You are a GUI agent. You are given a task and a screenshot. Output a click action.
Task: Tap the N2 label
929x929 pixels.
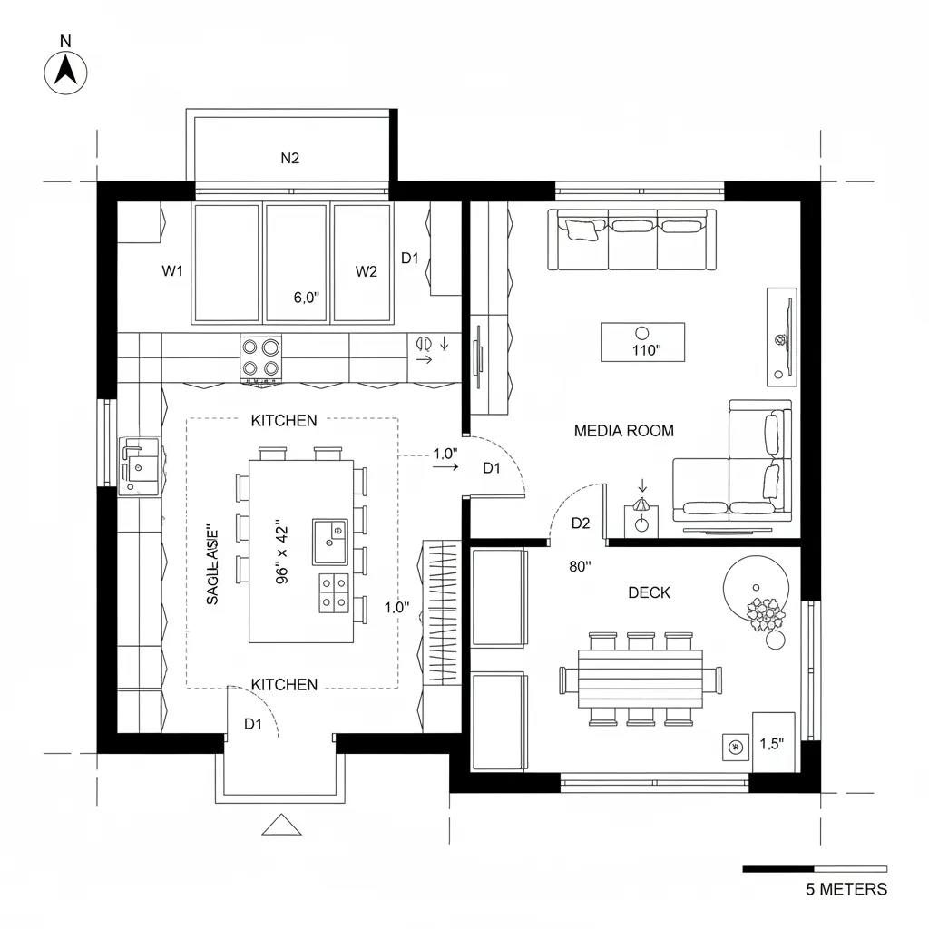pyautogui.click(x=289, y=158)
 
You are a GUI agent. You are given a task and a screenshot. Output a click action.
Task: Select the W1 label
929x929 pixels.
pyautogui.click(x=172, y=271)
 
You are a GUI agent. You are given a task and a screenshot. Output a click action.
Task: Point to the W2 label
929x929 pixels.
pyautogui.click(x=366, y=271)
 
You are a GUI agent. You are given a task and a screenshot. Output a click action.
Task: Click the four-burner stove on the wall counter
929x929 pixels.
pyautogui.click(x=260, y=357)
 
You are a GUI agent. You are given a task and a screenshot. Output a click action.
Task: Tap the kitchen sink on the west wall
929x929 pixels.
pyautogui.click(x=139, y=464)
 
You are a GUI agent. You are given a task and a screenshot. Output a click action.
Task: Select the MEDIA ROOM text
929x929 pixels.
pyautogui.click(x=623, y=431)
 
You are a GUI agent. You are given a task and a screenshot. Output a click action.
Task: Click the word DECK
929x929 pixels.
pyautogui.click(x=649, y=592)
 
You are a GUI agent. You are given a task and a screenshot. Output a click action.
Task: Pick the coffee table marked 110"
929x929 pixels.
pyautogui.click(x=643, y=342)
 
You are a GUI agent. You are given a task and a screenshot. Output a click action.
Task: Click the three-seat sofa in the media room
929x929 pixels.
pyautogui.click(x=632, y=240)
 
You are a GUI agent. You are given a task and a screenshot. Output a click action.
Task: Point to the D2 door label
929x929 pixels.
pyautogui.click(x=581, y=523)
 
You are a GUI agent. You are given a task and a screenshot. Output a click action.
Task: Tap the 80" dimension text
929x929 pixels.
pyautogui.click(x=580, y=566)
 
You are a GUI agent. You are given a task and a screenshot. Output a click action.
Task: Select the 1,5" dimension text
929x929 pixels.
pyautogui.click(x=771, y=744)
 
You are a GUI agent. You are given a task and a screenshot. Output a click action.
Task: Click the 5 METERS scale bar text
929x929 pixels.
pyautogui.click(x=846, y=889)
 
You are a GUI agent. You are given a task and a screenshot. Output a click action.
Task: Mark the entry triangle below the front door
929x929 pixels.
pyautogui.click(x=280, y=825)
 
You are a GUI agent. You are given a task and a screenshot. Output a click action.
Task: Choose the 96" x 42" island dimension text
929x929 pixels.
pyautogui.click(x=279, y=553)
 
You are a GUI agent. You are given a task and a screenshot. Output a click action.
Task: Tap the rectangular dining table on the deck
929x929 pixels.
pyautogui.click(x=641, y=678)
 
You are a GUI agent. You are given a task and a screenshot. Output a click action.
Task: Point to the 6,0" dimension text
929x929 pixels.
pyautogui.click(x=307, y=297)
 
